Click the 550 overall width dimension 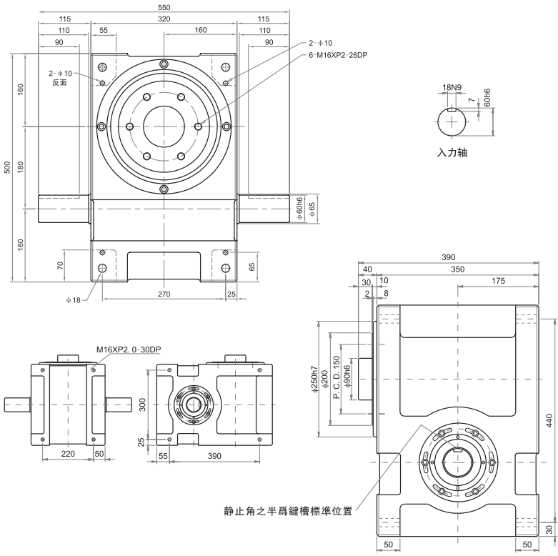coord(164,6)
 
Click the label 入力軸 coord(452,152)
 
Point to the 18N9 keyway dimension coord(452,87)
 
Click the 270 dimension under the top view coord(164,294)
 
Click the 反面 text coord(60,83)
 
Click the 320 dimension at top coord(164,19)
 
